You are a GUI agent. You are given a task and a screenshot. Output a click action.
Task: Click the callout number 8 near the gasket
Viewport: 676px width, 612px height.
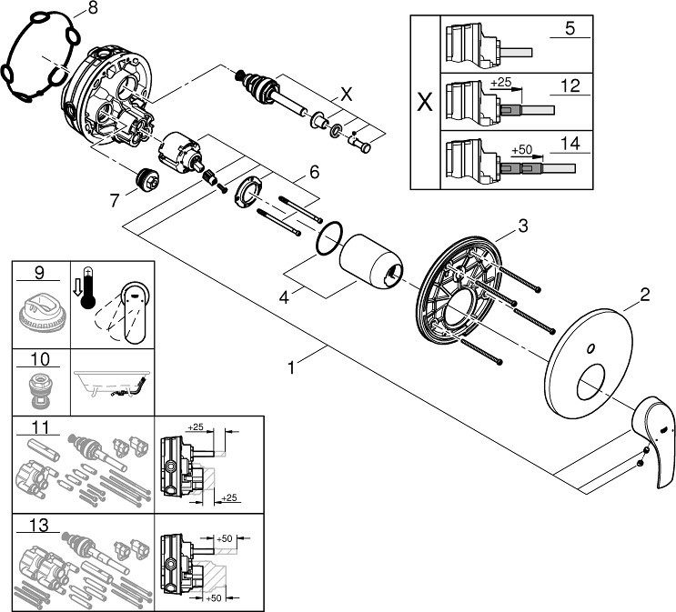(x=93, y=8)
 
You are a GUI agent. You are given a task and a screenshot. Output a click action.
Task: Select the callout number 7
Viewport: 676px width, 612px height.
(x=115, y=200)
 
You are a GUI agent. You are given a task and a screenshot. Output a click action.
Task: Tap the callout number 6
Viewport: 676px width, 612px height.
(x=314, y=173)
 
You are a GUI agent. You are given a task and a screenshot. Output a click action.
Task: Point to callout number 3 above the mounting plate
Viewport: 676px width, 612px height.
(x=523, y=226)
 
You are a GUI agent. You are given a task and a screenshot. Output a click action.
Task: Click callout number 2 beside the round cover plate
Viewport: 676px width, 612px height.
(x=644, y=296)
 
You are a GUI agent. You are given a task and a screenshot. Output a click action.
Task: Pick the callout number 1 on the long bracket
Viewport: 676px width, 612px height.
(x=291, y=367)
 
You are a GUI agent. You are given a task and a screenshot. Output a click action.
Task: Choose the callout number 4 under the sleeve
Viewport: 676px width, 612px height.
(x=284, y=297)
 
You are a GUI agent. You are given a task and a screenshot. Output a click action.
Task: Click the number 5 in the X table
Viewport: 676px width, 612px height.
(x=570, y=28)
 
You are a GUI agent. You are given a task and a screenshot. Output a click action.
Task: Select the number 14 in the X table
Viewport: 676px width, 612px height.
(x=570, y=143)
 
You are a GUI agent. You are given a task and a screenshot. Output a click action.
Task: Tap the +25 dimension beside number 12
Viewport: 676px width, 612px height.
(x=501, y=82)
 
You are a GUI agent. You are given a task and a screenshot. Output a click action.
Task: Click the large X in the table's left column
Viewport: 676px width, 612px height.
(x=425, y=102)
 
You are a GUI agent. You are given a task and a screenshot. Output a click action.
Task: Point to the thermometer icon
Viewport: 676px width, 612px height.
(x=87, y=287)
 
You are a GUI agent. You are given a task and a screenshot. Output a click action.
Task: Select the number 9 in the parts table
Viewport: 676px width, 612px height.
(x=39, y=273)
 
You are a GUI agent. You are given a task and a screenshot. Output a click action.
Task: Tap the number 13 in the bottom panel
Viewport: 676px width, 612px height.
(x=39, y=526)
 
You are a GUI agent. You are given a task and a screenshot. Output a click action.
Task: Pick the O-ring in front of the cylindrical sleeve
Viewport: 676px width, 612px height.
(x=329, y=239)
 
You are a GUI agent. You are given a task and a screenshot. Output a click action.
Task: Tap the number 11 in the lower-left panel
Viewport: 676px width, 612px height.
(x=40, y=427)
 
